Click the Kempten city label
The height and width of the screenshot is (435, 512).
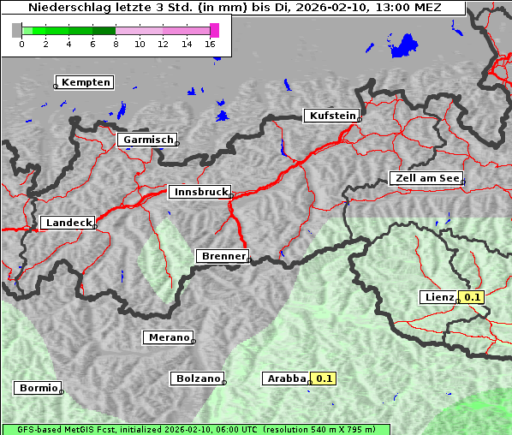pos(85,82)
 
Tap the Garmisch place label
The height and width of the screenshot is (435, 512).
pos(147,140)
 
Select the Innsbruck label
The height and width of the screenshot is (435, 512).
pos(199,193)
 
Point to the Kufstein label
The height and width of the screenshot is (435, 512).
pos(331,116)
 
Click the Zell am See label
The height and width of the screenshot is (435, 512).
pos(426,178)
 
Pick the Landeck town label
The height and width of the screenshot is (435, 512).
pos(68,223)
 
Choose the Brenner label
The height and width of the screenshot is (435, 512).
pos(223,256)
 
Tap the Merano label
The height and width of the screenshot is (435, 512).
pos(167,337)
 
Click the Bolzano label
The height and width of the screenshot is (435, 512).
pos(197,378)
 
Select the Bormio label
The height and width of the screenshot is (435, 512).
pos(38,388)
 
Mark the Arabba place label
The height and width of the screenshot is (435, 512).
pos(285,378)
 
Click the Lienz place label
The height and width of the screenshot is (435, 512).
pos(439,297)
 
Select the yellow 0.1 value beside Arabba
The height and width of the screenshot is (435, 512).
pos(324,378)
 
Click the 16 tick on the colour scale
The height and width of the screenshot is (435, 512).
pos(211,44)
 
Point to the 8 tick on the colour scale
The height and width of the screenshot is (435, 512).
pos(115,44)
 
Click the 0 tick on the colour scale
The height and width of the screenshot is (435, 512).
pos(21,44)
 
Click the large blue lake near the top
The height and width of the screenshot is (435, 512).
pos(403,45)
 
